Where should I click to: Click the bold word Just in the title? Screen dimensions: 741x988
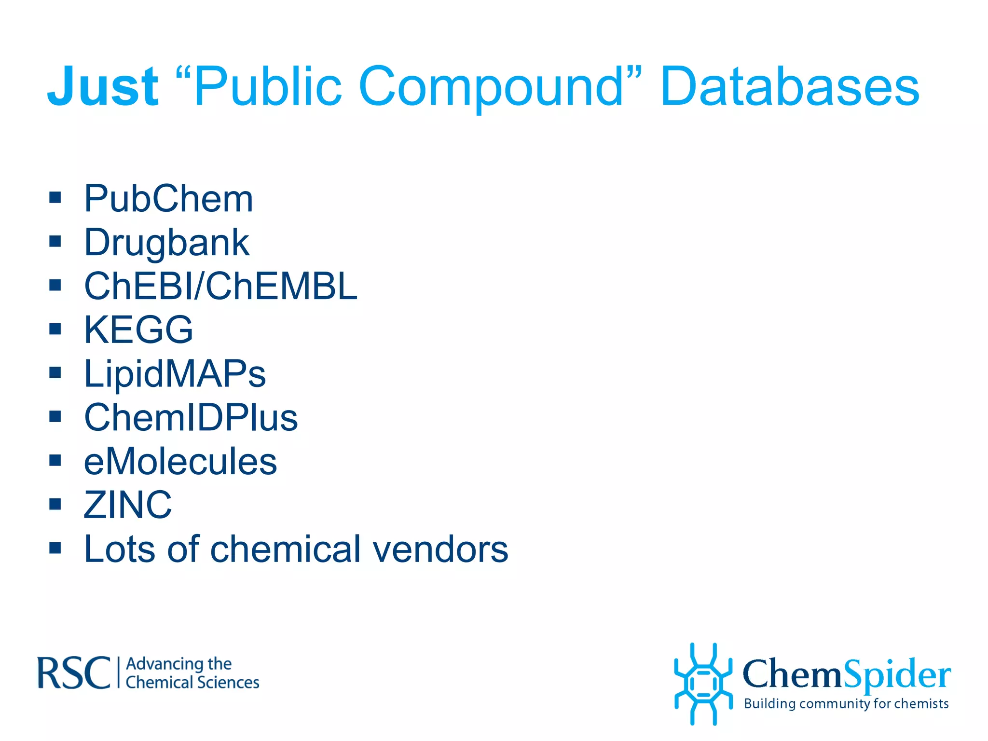tap(102, 87)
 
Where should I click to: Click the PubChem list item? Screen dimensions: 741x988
tap(168, 198)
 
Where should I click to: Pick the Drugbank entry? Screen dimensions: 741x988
tap(166, 242)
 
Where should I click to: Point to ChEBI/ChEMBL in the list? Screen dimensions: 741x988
tap(220, 286)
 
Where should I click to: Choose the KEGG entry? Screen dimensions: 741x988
tap(138, 330)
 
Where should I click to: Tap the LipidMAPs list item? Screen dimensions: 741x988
tap(175, 374)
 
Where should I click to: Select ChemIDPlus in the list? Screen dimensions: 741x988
tap(191, 418)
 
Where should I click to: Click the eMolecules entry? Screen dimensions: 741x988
tap(180, 462)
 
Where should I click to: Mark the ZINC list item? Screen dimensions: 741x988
tap(127, 505)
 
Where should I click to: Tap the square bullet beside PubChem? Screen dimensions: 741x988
tap(55, 197)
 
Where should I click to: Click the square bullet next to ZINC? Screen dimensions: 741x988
tap(55, 504)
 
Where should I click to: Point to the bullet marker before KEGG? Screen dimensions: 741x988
tap(55, 329)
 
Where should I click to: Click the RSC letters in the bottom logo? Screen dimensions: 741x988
tap(74, 673)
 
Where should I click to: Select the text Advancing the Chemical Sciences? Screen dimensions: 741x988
tap(192, 673)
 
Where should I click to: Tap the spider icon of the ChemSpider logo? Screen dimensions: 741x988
tap(703, 684)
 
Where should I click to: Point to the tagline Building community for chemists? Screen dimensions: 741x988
tap(846, 704)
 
